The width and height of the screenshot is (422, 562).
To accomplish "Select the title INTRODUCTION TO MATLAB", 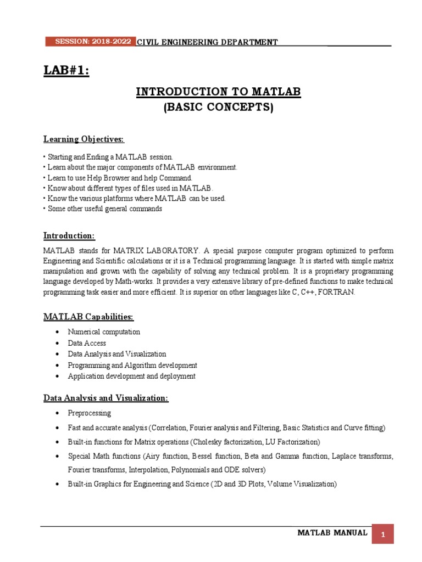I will (x=219, y=92).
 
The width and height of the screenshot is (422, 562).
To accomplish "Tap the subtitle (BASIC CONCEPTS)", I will (x=219, y=108).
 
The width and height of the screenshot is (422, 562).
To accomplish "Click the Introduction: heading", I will (x=69, y=235).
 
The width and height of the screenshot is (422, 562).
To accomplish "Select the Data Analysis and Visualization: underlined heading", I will (x=106, y=398).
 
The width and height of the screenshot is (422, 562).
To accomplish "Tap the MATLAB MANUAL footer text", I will (x=332, y=533).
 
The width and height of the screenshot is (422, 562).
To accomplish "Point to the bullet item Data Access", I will (x=87, y=343).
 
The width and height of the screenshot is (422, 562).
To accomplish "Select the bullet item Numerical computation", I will (x=104, y=332).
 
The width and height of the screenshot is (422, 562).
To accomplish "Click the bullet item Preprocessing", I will (x=89, y=413).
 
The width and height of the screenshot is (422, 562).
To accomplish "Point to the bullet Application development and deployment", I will (x=131, y=376).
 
